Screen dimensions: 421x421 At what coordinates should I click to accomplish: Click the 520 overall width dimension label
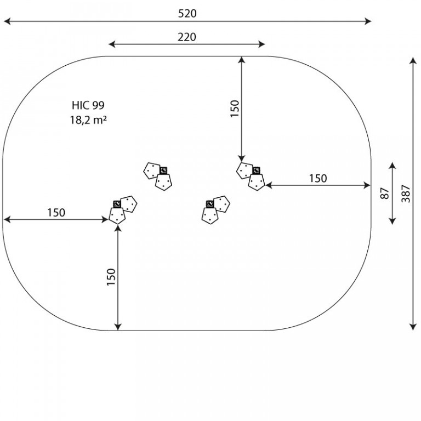[187, 13]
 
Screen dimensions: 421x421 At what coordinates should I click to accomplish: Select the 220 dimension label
[187, 37]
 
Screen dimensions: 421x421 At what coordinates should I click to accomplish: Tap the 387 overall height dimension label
[406, 194]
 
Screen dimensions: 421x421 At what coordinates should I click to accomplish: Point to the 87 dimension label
[385, 194]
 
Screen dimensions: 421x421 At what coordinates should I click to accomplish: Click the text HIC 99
[88, 105]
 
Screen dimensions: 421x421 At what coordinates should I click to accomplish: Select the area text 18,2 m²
[88, 120]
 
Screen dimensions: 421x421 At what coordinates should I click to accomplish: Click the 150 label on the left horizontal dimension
[56, 212]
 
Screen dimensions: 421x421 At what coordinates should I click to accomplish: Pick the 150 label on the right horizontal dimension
[318, 178]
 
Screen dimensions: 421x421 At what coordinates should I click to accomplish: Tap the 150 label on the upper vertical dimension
[235, 109]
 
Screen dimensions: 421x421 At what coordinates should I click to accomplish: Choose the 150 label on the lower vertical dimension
[111, 277]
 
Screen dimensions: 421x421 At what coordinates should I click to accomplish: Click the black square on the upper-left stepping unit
[163, 170]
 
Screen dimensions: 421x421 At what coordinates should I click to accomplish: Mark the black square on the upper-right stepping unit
[256, 170]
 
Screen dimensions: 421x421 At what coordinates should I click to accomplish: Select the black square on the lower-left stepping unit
[117, 204]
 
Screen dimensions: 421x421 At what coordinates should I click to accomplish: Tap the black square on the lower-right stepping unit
[210, 204]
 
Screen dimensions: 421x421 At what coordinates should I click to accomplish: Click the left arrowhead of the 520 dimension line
[7, 21]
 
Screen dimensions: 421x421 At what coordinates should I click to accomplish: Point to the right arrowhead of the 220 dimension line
[262, 44]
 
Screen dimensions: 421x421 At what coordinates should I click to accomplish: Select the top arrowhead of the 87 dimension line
[392, 166]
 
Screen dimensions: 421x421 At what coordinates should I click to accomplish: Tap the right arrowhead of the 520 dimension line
[368, 21]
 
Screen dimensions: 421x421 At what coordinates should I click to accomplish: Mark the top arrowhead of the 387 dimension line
[413, 60]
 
